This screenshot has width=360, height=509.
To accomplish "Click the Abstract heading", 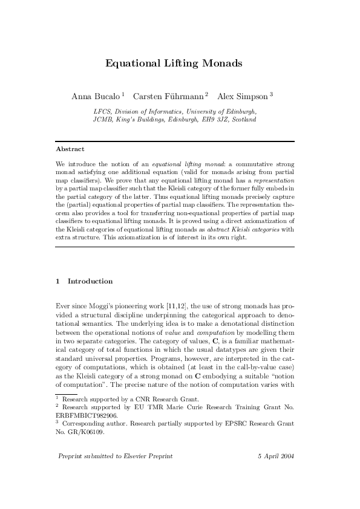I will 70,149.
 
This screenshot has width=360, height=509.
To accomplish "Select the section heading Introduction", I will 90,281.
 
